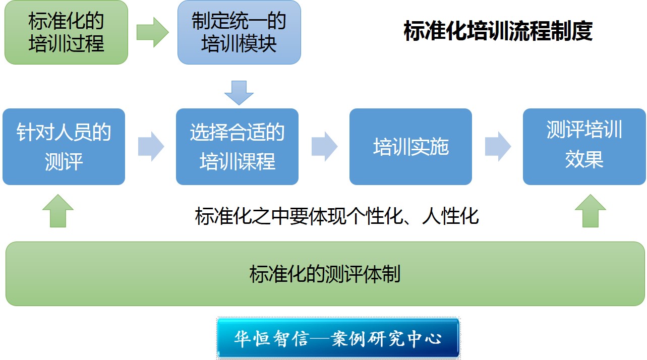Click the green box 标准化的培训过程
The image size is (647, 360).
point(66,32)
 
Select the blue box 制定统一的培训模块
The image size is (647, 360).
point(239,32)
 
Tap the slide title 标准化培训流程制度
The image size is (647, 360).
point(498,31)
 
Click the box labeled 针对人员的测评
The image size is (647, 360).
point(64,147)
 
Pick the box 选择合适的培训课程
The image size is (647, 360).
point(237,147)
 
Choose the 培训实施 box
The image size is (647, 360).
point(410,147)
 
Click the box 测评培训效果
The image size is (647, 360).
point(584,147)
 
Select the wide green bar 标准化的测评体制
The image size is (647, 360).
point(325,274)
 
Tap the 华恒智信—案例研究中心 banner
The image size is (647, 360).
point(338,338)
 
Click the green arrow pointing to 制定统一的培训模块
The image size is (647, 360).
point(152,32)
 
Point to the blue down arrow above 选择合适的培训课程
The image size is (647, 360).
point(239,93)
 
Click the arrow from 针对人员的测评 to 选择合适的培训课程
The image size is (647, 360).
point(151,147)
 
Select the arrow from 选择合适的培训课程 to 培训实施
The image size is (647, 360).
point(324,147)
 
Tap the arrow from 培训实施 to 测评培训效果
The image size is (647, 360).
point(498,147)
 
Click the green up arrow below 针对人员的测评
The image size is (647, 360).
point(58,211)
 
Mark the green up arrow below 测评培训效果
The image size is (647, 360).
point(590,211)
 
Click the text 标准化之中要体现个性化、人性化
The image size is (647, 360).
point(337,217)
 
